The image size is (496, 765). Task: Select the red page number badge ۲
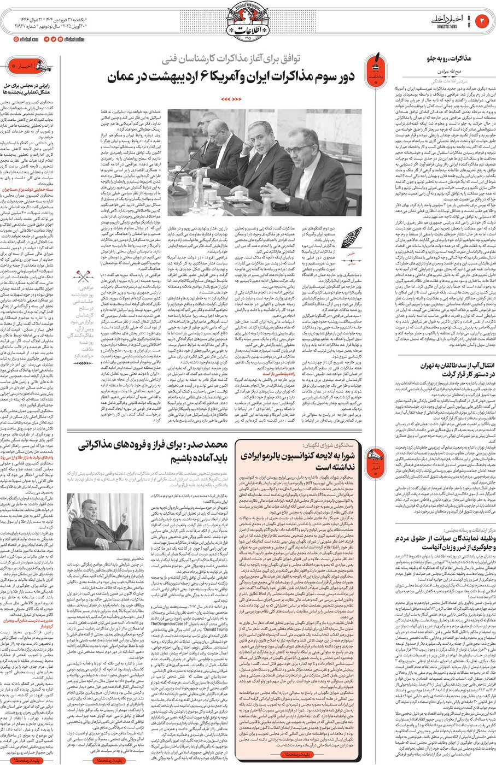pyautogui.click(x=484, y=22)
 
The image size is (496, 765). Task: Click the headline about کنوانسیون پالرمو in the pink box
pyautogui.click(x=296, y=462)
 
